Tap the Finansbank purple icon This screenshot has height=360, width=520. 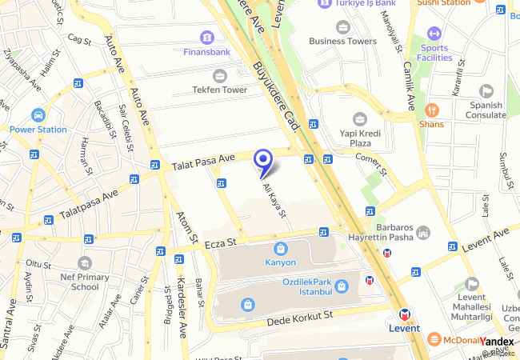click(x=207, y=38)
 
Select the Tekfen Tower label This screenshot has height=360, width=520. click(x=219, y=90)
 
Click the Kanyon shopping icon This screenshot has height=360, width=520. click(x=280, y=249)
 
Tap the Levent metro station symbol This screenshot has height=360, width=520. click(x=406, y=314)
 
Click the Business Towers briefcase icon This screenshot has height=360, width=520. click(x=343, y=26)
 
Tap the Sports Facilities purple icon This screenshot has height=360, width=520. click(x=434, y=34)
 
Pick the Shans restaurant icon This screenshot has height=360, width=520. click(x=431, y=110)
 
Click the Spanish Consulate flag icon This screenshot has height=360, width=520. click(x=486, y=91)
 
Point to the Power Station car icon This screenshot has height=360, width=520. click(x=38, y=115)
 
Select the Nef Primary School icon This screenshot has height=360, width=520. click(x=85, y=262)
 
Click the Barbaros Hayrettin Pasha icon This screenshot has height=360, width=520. click(x=423, y=232)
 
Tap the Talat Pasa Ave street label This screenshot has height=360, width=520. click(x=203, y=163)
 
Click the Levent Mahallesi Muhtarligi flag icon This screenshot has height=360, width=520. click(x=472, y=283)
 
